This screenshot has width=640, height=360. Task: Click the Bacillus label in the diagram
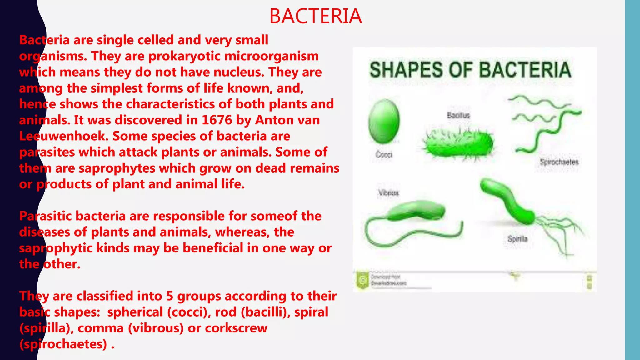pyautogui.click(x=458, y=115)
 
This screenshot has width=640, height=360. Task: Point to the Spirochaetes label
pyautogui.click(x=559, y=162)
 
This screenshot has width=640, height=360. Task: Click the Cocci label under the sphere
pyautogui.click(x=384, y=154)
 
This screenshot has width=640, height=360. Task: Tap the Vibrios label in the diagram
pyautogui.click(x=389, y=193)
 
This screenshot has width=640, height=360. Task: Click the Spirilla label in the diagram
pyautogui.click(x=517, y=239)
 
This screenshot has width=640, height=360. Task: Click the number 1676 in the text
pyautogui.click(x=217, y=120)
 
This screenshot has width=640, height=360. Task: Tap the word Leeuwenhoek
pyautogui.click(x=64, y=136)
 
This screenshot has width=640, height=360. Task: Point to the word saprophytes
pyautogui.click(x=117, y=168)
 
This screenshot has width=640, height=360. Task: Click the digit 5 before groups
pyautogui.click(x=170, y=296)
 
